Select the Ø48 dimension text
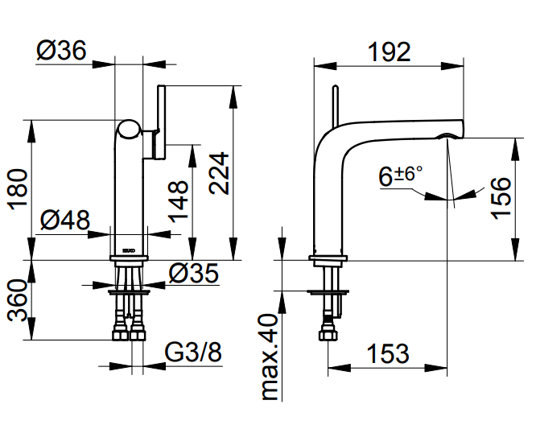(x=64, y=219)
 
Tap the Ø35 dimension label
(x=193, y=274)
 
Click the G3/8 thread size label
(x=193, y=353)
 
